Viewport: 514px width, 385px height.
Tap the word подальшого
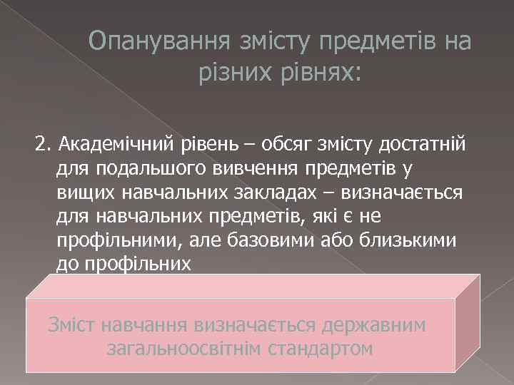[137, 170]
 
